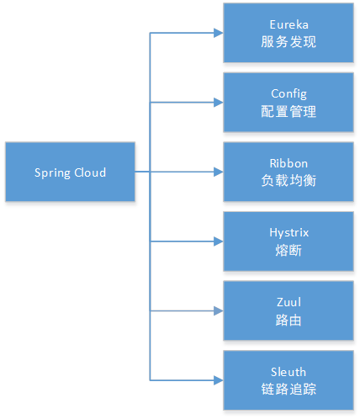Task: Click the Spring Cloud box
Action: [70, 172]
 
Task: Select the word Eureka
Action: [289, 24]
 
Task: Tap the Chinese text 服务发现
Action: [289, 42]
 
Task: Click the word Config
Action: [289, 94]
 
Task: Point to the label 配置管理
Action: [289, 111]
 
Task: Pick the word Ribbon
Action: [289, 163]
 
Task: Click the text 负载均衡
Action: [289, 181]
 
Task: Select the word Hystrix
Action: [289, 233]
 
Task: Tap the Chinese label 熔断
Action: [289, 250]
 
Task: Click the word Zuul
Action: [289, 302]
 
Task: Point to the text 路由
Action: [289, 320]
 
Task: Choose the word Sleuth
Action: [289, 372]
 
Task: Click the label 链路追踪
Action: [289, 389]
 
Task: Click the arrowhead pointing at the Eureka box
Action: [219, 33]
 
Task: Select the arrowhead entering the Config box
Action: [219, 103]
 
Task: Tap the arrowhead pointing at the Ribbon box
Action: [219, 172]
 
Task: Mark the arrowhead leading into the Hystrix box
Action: [219, 241]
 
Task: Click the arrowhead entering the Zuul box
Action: [219, 310]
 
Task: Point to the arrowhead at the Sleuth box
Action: [219, 380]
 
